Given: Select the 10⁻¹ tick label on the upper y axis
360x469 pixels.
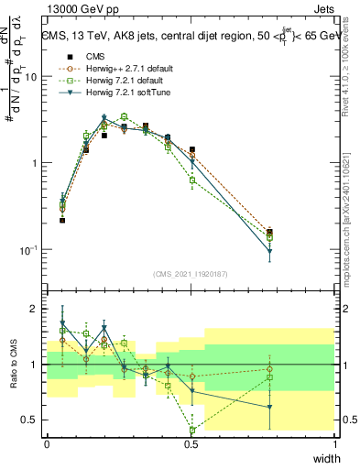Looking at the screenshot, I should [x=30, y=249].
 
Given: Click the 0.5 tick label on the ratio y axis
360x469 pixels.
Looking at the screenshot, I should [x=32, y=420].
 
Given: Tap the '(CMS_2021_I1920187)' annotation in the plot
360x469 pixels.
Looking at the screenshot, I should [x=190, y=273].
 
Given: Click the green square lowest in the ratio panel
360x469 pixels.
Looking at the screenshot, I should [x=192, y=430].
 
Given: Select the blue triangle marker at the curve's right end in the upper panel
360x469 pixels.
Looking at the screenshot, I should [x=270, y=252].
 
